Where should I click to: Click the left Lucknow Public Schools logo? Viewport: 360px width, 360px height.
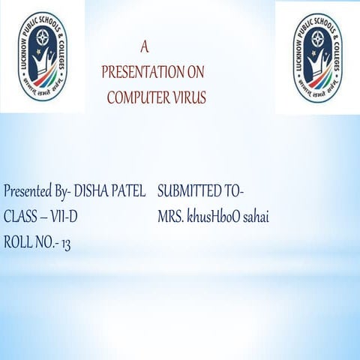click(x=43, y=57)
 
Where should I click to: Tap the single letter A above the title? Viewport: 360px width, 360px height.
click(x=145, y=46)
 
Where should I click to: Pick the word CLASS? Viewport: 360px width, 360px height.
click(x=18, y=217)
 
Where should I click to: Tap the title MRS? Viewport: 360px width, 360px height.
click(x=170, y=217)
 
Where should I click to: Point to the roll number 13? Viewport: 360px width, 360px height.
click(x=65, y=242)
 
